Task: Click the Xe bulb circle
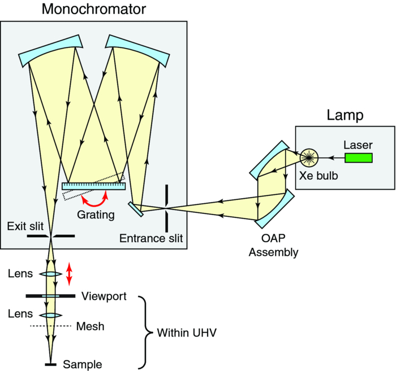pos(309,158)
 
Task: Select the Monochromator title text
pos(94,10)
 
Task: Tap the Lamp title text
pos(345,116)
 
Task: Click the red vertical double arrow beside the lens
pos(69,273)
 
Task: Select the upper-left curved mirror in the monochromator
pos(51,50)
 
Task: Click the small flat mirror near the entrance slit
pos(135,208)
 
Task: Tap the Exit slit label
pos(24,226)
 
